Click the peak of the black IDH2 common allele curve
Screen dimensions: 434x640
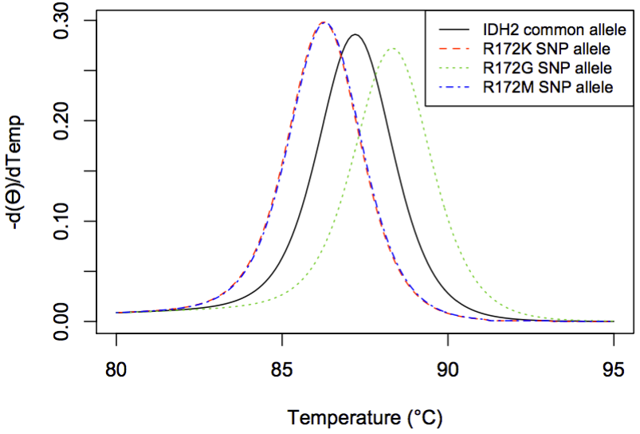click(x=355, y=34)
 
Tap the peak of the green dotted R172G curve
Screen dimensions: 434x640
click(x=392, y=49)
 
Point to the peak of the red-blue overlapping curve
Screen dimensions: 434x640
click(x=324, y=22)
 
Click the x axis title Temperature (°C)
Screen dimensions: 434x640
click(x=364, y=416)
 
